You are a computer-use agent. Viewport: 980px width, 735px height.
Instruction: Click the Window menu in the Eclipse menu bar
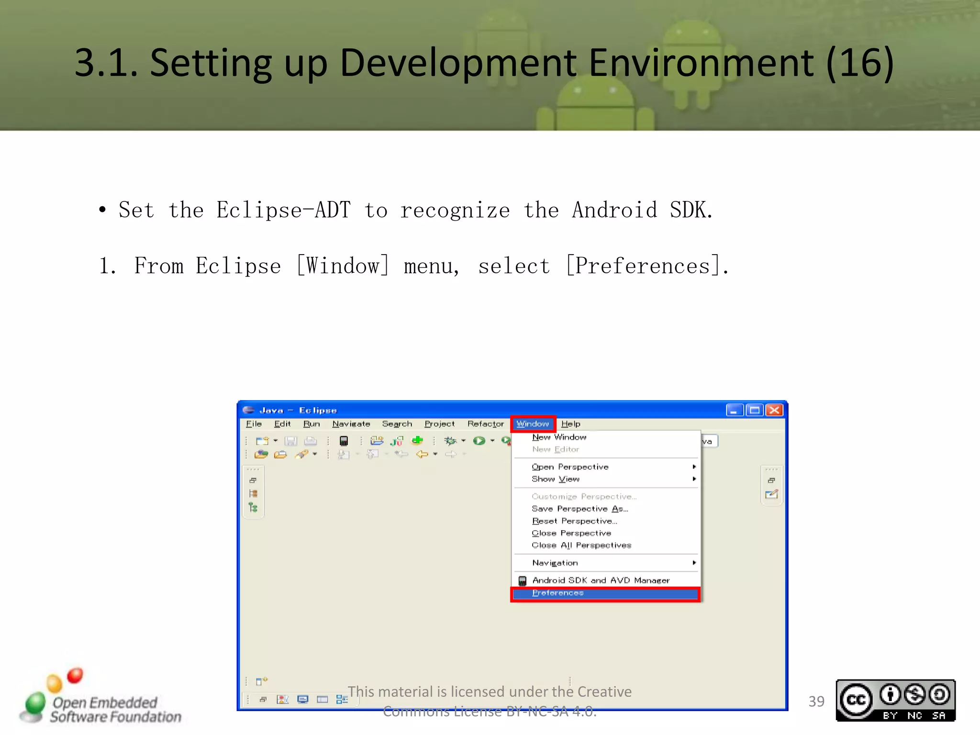533,424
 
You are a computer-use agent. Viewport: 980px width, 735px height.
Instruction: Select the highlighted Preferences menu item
558,593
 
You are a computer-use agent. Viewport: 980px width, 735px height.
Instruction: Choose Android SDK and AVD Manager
601,580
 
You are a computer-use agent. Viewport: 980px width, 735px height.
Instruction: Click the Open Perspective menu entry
570,467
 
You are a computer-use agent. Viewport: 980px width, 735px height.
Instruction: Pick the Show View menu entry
556,479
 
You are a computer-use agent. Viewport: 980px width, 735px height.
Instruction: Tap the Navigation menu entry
555,563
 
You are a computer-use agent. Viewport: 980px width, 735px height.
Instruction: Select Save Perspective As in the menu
579,509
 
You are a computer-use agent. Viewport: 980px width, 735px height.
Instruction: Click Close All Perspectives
581,545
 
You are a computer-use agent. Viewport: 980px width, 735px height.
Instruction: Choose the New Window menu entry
559,437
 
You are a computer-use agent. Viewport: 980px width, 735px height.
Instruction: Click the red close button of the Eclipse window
774,410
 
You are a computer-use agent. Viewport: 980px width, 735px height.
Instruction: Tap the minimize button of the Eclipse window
734,410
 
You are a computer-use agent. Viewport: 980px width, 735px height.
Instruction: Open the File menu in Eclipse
254,424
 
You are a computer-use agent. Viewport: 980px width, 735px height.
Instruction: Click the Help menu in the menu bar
570,424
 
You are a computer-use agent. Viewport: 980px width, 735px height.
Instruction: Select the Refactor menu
485,424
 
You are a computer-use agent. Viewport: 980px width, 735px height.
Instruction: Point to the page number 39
816,702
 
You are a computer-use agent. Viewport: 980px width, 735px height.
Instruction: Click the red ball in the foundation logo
75,675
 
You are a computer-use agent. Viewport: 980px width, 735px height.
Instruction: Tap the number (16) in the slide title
860,63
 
